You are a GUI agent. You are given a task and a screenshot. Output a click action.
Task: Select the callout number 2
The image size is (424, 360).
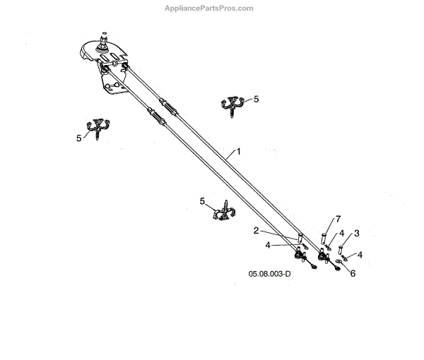pos(257,230)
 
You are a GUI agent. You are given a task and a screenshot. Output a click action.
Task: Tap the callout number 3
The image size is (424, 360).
pos(357,233)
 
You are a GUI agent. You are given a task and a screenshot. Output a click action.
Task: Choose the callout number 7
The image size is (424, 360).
pos(337,218)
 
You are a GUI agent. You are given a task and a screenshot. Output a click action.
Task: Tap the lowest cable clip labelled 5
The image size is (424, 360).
pos(222,211)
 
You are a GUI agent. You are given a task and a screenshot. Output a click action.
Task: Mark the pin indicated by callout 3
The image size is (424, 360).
pos(341,249)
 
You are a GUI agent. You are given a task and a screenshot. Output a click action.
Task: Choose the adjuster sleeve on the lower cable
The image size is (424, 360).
pos(156,118)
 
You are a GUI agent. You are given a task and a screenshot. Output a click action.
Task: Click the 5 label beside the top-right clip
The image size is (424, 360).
pos(257,99)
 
